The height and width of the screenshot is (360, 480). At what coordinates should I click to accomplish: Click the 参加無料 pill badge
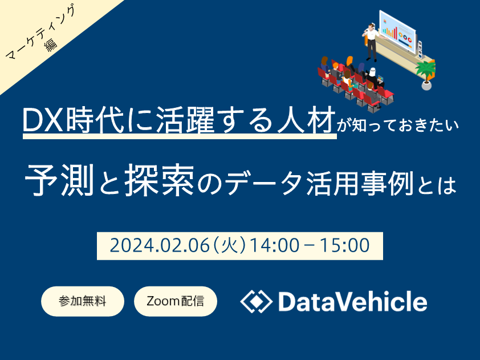(83, 301)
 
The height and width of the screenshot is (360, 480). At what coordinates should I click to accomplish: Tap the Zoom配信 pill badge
(176, 301)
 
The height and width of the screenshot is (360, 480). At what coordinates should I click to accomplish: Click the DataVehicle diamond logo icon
(256, 301)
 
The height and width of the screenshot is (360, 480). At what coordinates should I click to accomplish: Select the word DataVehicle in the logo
(353, 301)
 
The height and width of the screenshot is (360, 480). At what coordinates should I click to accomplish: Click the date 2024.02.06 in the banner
(160, 246)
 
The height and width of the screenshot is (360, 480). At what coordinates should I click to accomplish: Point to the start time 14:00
(274, 246)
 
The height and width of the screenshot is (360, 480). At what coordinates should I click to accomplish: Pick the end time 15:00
(345, 246)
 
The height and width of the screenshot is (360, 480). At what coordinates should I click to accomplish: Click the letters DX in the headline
(44, 120)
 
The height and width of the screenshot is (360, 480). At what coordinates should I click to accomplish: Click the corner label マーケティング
(41, 31)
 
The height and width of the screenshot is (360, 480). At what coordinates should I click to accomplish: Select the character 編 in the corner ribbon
(51, 45)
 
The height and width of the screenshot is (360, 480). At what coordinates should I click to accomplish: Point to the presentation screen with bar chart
(398, 31)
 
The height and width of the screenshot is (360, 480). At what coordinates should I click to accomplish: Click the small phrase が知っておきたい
(398, 126)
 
